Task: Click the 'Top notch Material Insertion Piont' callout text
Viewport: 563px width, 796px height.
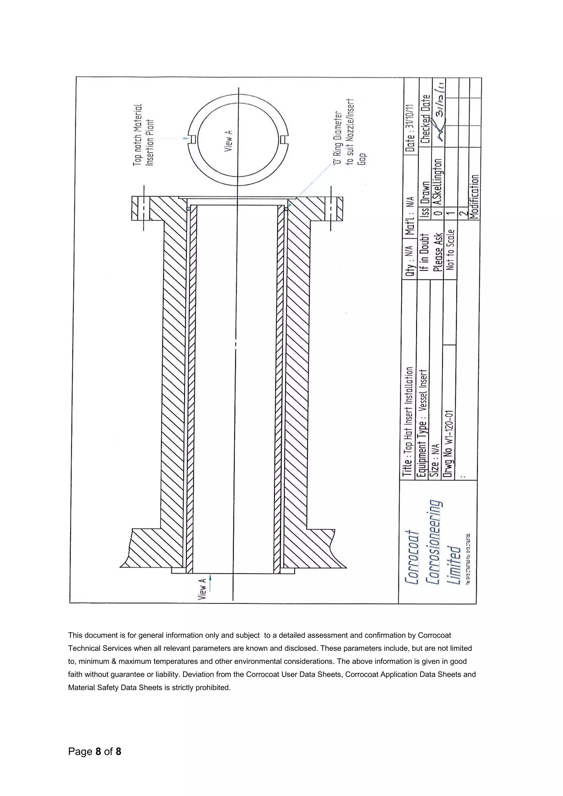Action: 143,134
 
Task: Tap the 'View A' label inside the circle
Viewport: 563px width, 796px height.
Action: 228,140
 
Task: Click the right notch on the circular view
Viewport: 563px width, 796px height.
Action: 283,139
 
